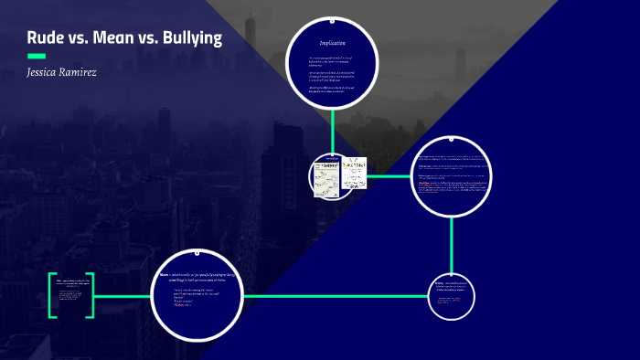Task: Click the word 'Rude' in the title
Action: click(x=47, y=39)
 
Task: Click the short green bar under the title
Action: click(x=37, y=57)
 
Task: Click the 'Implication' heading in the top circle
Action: click(x=332, y=43)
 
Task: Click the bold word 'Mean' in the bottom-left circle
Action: click(x=164, y=274)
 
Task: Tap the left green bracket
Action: click(x=51, y=294)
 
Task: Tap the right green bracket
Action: click(x=91, y=294)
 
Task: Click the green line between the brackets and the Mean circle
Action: click(x=122, y=294)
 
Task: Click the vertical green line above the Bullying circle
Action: click(x=452, y=244)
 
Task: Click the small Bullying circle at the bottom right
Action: click(x=452, y=295)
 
